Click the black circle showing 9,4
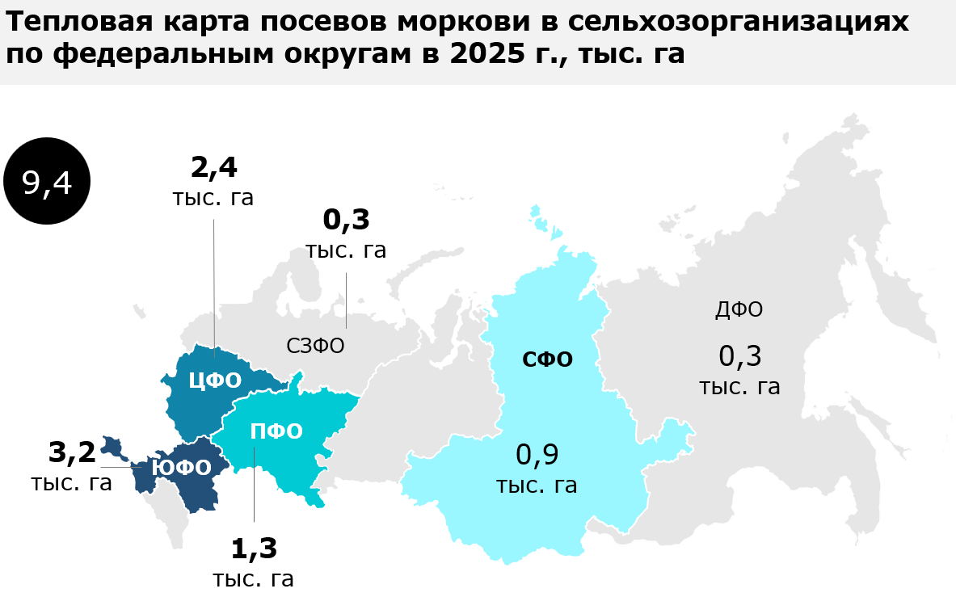click(x=47, y=183)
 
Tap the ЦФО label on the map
click(x=215, y=380)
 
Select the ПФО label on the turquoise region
click(x=276, y=431)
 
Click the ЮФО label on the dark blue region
click(x=181, y=468)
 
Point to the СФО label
click(x=547, y=359)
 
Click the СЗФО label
click(x=315, y=346)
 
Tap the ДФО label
click(x=739, y=309)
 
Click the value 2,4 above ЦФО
click(x=213, y=167)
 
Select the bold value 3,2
click(x=72, y=452)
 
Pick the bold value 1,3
click(x=254, y=549)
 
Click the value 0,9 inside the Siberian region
click(x=537, y=455)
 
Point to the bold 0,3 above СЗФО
click(x=346, y=219)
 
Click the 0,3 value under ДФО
click(x=740, y=355)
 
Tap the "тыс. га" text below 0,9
click(x=537, y=486)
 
